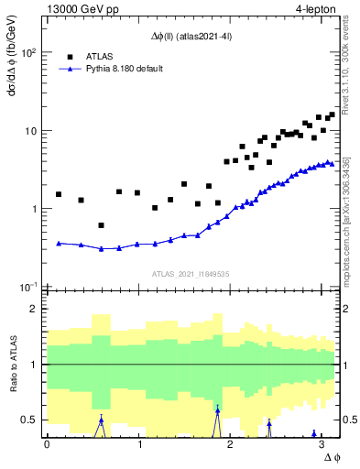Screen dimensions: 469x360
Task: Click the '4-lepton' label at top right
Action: [x=315, y=10]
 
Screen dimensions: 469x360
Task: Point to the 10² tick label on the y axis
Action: [x=27, y=52]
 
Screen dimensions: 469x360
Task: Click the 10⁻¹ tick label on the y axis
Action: [x=27, y=288]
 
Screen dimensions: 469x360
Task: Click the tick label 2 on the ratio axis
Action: [x=35, y=309]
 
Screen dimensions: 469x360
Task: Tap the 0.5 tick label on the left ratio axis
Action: [x=30, y=420]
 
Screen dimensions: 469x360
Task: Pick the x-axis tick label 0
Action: [x=47, y=444]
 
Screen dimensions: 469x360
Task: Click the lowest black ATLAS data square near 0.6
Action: [x=101, y=225]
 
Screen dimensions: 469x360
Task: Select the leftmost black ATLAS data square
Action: [x=59, y=194]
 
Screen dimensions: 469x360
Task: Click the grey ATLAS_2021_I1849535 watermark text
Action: [x=191, y=273]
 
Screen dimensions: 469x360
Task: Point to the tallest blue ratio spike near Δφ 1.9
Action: [x=217, y=410]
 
